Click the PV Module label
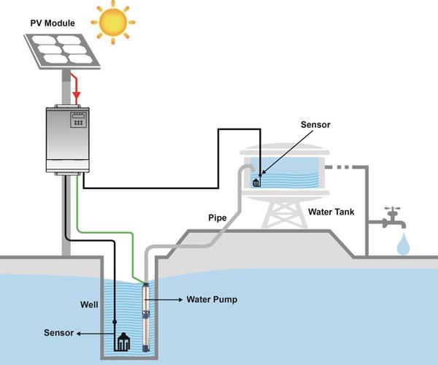[x=53, y=23]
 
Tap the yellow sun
[x=113, y=23]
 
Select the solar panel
[x=62, y=51]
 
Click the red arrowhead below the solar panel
[x=76, y=96]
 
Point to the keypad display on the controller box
[x=78, y=120]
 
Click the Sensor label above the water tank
[x=315, y=125]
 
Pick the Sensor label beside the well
[x=58, y=333]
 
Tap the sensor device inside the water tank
[x=256, y=183]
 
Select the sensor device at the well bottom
[x=123, y=342]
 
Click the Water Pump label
[x=212, y=299]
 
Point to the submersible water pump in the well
[x=146, y=318]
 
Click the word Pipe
[x=218, y=218]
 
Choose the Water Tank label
[x=331, y=212]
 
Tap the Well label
[x=89, y=304]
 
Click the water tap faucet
[x=394, y=217]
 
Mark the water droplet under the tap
[x=403, y=245]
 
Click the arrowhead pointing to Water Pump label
[x=181, y=299]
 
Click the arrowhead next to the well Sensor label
[x=79, y=334]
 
